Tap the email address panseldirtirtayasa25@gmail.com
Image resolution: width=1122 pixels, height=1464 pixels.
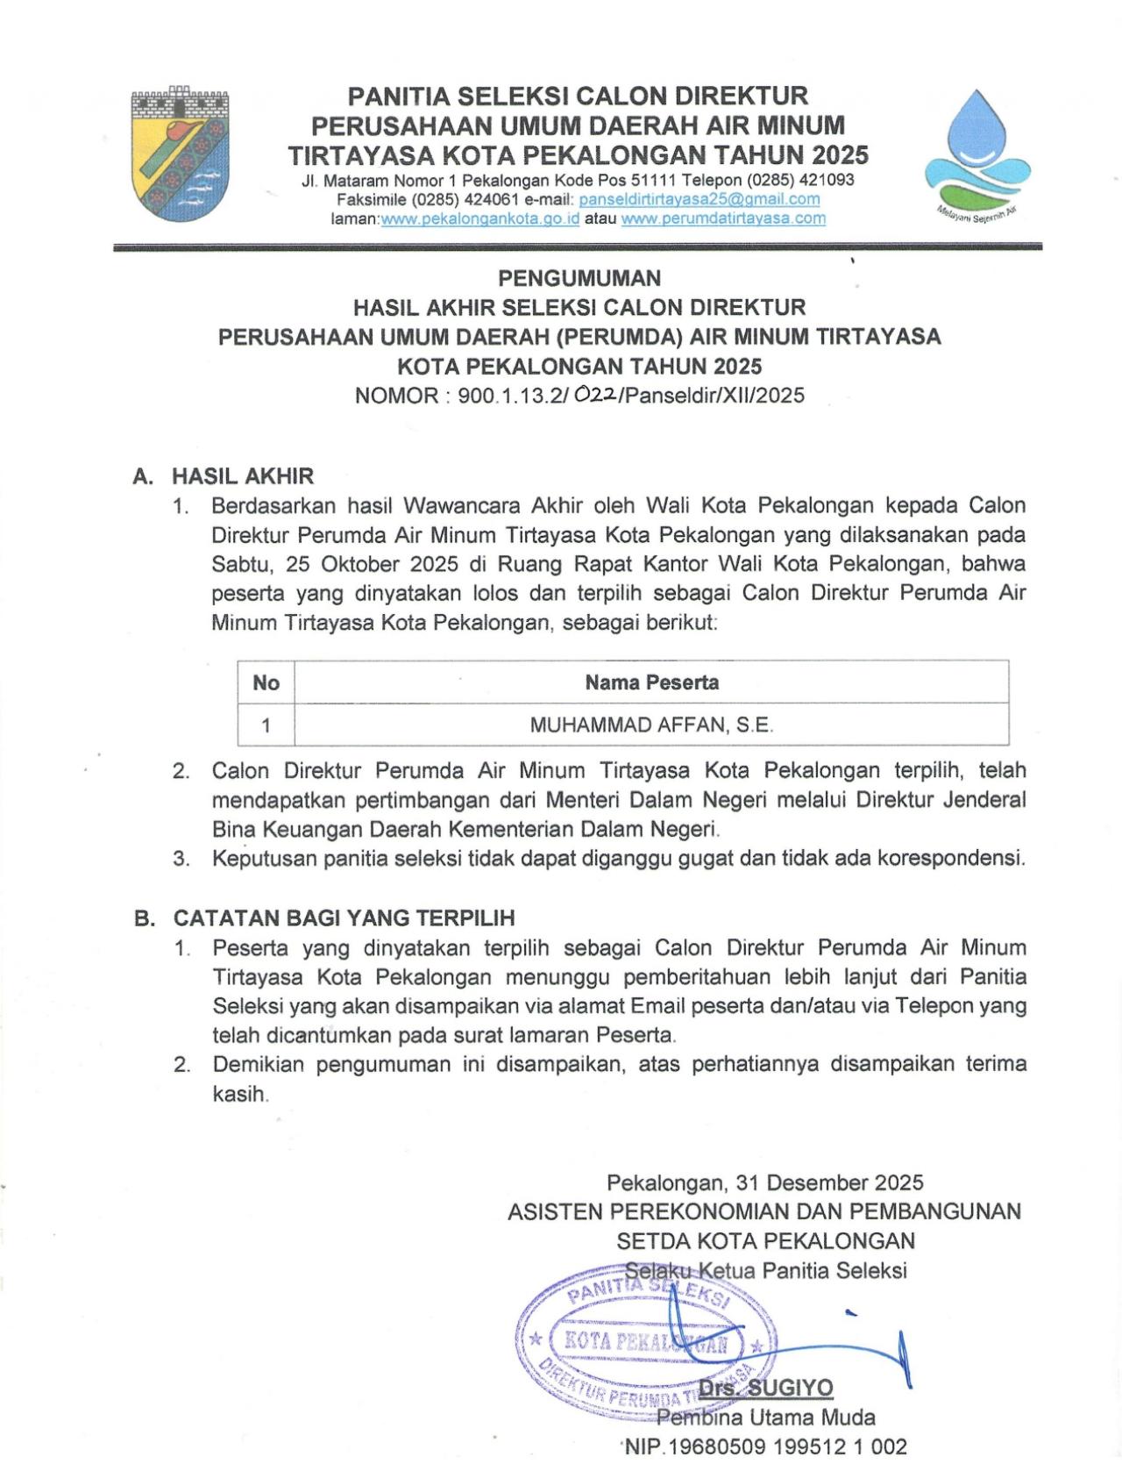pos(699,199)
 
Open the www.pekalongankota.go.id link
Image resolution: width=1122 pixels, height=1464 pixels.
pos(479,218)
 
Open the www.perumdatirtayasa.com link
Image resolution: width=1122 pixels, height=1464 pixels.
pos(723,218)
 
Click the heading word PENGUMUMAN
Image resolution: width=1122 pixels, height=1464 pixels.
pos(579,278)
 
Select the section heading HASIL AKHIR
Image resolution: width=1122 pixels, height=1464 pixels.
pos(242,476)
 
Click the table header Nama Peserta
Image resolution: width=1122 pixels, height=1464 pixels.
pos(651,682)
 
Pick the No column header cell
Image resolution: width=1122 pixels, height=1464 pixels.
pos(266,682)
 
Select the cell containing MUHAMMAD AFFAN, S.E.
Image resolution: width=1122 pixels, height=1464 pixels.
pos(651,725)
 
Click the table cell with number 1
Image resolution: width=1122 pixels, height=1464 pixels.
pos(266,725)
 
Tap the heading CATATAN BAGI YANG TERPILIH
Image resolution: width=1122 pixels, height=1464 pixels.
pos(344,918)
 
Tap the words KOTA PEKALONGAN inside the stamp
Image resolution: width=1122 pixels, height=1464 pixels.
pos(645,1341)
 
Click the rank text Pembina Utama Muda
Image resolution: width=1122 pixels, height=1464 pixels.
pos(765,1417)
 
